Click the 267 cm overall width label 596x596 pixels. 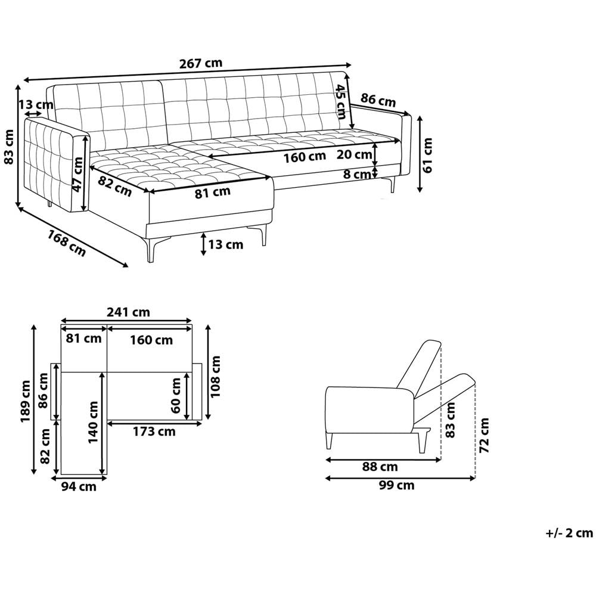point(201,63)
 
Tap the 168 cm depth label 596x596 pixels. point(67,243)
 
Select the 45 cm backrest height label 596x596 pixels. point(340,101)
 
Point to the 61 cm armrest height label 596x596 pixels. point(427,155)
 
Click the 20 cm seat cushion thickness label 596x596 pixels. point(354,154)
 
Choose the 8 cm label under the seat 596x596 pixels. point(356,175)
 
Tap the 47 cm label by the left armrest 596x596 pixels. point(78,175)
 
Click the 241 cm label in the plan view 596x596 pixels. point(128,312)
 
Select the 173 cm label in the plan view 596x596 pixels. point(154,432)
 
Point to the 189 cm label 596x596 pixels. point(26,401)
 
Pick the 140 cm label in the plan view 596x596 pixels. point(93,422)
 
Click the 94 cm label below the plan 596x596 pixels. point(79,486)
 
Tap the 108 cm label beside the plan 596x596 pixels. point(216,376)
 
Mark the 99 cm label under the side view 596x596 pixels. point(396,485)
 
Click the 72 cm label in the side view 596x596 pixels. point(484,435)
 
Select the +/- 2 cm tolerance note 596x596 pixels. point(569,533)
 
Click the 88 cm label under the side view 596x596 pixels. point(380,467)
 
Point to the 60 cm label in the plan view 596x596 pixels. point(176,395)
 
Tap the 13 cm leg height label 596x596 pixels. point(225,244)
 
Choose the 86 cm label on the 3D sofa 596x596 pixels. point(378,100)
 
